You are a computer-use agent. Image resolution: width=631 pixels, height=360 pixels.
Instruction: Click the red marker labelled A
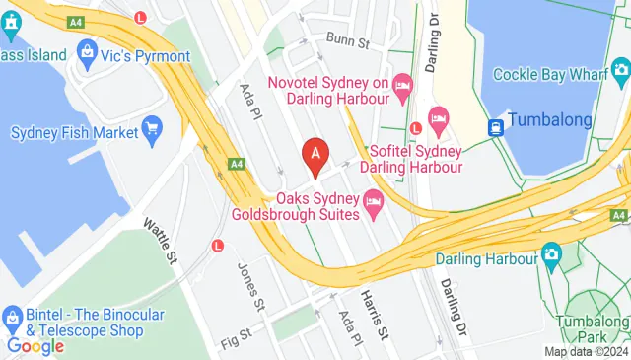(x=315, y=156)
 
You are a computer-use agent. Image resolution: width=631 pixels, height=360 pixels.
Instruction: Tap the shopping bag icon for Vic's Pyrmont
(x=86, y=51)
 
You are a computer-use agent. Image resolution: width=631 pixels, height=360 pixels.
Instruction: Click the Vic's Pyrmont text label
(x=145, y=56)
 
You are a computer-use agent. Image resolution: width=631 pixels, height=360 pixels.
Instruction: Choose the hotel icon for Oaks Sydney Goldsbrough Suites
(x=373, y=205)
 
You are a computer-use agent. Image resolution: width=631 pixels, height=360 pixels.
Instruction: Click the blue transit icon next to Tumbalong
(x=495, y=126)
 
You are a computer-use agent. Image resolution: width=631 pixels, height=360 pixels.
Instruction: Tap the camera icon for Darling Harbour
(x=551, y=256)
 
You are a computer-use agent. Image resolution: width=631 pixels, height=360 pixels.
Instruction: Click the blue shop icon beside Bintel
(x=13, y=316)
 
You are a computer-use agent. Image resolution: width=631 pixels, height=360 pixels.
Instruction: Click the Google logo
(x=35, y=346)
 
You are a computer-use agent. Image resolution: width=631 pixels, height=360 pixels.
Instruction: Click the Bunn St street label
(x=348, y=41)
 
